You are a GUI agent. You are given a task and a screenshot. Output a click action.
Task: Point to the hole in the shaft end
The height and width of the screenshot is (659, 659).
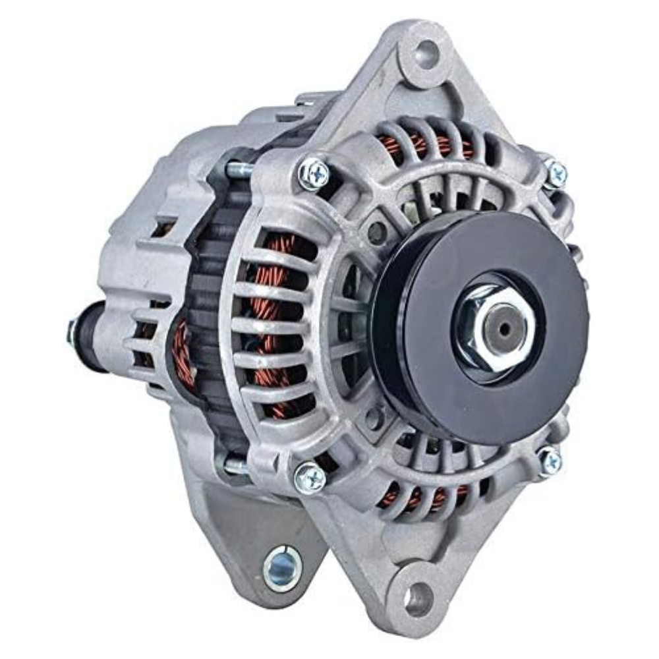504,328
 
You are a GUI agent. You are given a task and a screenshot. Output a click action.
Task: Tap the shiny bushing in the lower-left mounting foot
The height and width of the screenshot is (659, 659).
282,568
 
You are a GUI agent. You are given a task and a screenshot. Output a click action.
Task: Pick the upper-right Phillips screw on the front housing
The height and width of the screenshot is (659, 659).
556,173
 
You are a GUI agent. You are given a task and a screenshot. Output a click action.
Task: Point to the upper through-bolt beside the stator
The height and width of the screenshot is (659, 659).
239,170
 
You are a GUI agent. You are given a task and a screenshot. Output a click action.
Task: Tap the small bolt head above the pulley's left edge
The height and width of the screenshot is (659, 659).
378,231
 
